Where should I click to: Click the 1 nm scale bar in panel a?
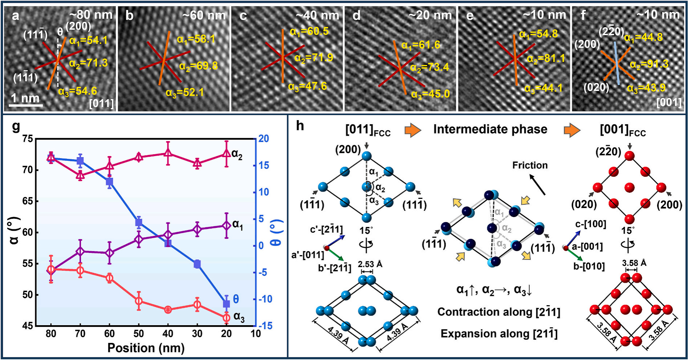(x=25, y=105)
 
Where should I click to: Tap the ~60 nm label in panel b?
(x=204, y=15)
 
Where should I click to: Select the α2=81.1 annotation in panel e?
(x=546, y=59)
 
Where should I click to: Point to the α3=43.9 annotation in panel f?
(x=646, y=88)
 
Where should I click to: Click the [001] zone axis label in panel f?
(x=669, y=103)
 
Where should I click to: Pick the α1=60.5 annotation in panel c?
(x=309, y=32)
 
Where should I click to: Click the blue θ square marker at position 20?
(x=226, y=304)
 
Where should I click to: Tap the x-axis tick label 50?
(x=138, y=334)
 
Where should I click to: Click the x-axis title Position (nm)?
(x=146, y=348)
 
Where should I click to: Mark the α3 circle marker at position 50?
(x=138, y=301)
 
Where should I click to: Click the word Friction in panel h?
(x=530, y=165)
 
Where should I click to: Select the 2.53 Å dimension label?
(x=370, y=264)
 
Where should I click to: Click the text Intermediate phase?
(x=490, y=129)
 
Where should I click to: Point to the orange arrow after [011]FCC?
(x=412, y=130)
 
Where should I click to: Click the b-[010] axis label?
(x=589, y=267)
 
